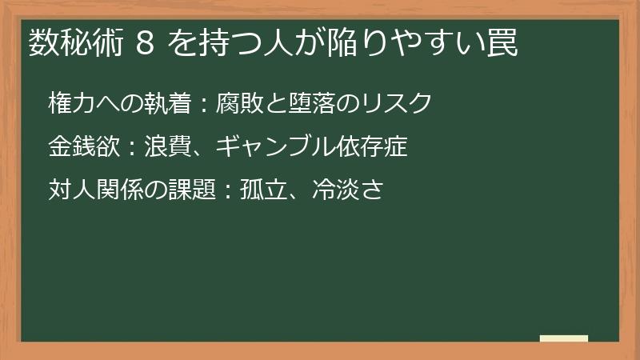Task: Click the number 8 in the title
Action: tap(145, 45)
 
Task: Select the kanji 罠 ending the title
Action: tap(502, 45)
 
